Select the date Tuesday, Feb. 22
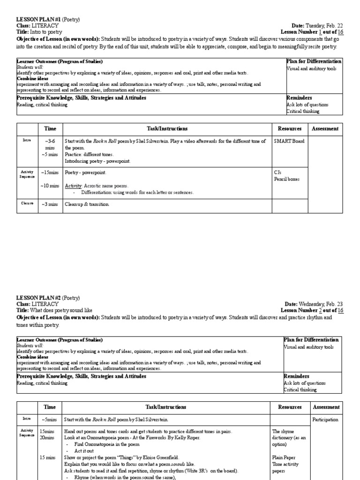pos(326,26)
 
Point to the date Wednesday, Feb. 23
pos(323,304)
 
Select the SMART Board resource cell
pos(289,141)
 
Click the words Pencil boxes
pos(287,180)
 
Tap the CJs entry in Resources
pos(277,173)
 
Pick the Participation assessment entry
pos(325,420)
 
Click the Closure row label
pos(27,203)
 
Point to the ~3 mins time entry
pos(50,204)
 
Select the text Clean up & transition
pos(87,204)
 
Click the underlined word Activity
pos(73,186)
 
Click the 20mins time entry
pos(47,437)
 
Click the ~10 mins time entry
pos(50,186)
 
